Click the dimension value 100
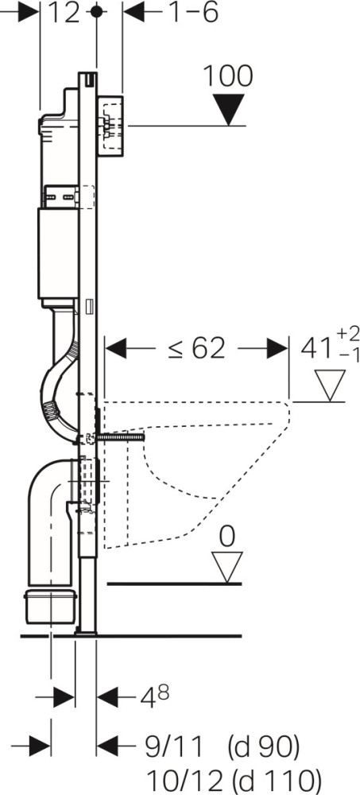pos(227,77)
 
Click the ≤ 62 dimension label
pos(197,348)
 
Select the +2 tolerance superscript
pos(348,334)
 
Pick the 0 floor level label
pos(227,537)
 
